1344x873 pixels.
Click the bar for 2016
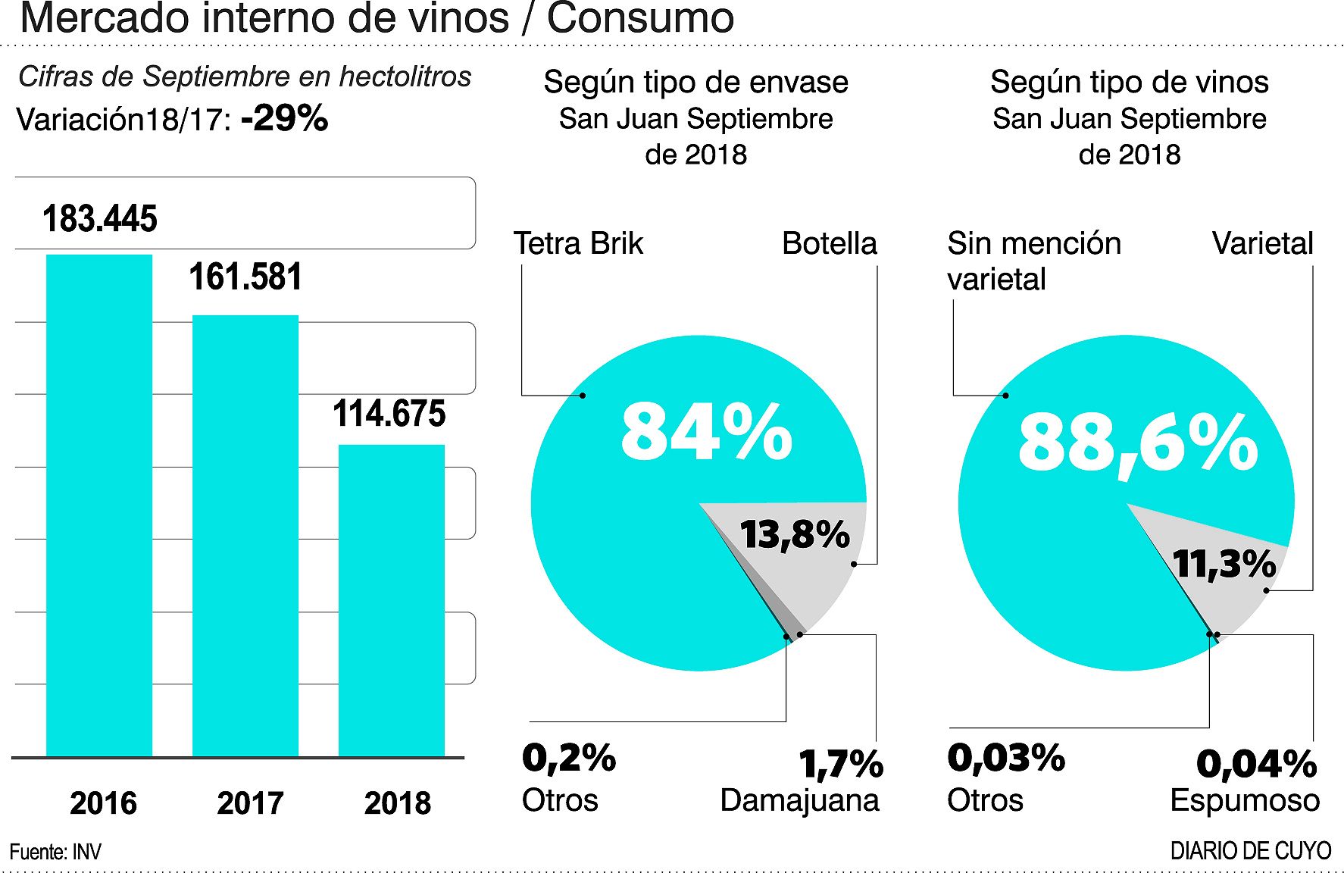[99, 505]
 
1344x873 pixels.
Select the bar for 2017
[245, 536]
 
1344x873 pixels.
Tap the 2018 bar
[391, 600]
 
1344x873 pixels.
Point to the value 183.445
[100, 219]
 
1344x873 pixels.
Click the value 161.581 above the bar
[245, 277]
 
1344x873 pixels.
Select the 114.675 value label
[389, 414]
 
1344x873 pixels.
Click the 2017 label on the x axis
[250, 803]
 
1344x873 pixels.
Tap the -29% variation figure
[285, 118]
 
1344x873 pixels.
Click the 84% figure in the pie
[706, 432]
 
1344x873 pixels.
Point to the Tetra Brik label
[578, 243]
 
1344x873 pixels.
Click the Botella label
[829, 243]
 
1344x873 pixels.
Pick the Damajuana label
[799, 800]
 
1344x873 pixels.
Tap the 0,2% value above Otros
[569, 758]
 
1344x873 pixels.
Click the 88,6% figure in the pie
[1137, 443]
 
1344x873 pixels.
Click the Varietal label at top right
[1262, 243]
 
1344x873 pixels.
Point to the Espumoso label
[1245, 800]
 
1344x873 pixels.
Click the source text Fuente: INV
[55, 852]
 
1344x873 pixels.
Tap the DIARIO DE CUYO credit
[1250, 850]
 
